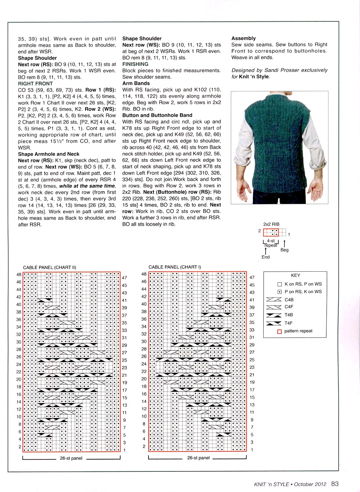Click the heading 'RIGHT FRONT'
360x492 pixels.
tap(35, 84)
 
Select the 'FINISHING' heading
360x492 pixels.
tap(135, 64)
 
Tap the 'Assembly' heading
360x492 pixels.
tap(243, 38)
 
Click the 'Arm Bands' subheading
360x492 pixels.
tap(136, 83)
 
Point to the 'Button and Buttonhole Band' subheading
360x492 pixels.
tap(157, 115)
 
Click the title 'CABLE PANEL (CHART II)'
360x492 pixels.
tap(49, 268)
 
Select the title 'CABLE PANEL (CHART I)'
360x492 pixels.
tap(175, 267)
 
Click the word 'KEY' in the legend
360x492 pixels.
tap(295, 275)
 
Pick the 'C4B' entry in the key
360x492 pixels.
tap(289, 300)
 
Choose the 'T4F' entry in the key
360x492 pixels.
tap(288, 323)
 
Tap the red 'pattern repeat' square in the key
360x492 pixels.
tap(279, 331)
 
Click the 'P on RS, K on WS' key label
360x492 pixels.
tap(303, 292)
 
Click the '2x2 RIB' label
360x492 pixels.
tap(271, 224)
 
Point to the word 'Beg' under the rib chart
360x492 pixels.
tap(285, 250)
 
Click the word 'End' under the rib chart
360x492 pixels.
tap(265, 257)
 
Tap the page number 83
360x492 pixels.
tap(335, 484)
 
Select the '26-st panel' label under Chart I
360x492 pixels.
tap(198, 458)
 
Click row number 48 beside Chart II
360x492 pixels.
tap(19, 275)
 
